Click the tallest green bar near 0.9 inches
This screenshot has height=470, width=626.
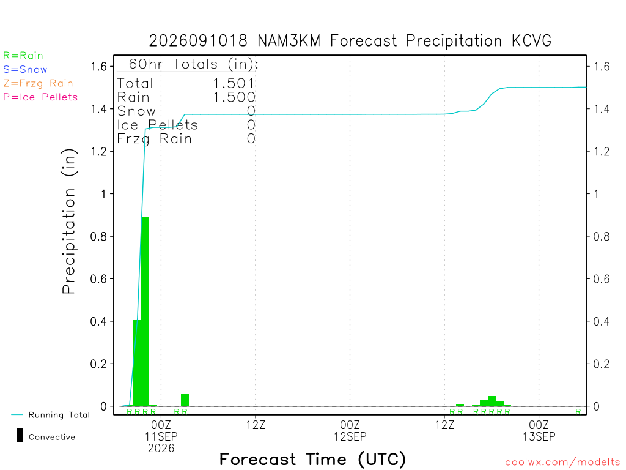click(145, 311)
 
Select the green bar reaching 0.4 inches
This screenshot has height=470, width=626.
click(138, 363)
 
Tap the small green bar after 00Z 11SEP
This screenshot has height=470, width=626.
click(185, 400)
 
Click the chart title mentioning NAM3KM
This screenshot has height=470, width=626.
click(350, 41)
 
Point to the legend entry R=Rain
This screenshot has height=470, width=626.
click(23, 56)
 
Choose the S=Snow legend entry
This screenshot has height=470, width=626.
click(25, 70)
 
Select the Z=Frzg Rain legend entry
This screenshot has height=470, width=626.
click(38, 83)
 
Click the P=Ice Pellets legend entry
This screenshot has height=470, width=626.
click(40, 97)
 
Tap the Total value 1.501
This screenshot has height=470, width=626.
click(234, 83)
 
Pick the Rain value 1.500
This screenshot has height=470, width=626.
click(234, 97)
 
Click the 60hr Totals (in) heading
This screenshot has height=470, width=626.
click(193, 64)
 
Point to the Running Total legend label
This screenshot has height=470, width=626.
click(59, 415)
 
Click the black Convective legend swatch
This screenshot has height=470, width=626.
click(20, 436)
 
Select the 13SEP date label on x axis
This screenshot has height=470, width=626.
click(539, 436)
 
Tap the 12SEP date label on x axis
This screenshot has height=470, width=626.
click(350, 436)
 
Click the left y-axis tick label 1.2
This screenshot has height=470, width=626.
click(98, 152)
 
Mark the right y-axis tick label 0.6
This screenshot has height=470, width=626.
click(602, 278)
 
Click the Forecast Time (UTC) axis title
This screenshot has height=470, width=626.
click(312, 460)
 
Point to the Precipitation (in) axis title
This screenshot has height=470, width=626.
click(68, 222)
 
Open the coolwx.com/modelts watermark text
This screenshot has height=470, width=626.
click(562, 463)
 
